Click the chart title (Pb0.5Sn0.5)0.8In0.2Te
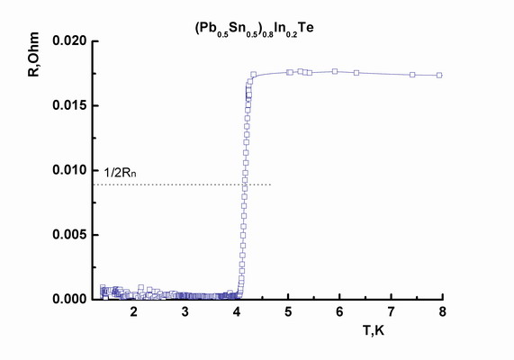coord(255,29)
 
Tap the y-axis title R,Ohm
coord(33,55)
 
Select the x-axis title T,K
coord(374,330)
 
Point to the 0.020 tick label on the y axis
coord(70,41)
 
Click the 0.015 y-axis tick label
coord(70,105)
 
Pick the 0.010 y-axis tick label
coord(70,170)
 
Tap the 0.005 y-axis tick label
coord(70,235)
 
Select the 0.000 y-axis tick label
coord(70,299)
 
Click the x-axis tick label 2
coord(133,311)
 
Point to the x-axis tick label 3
coord(185,311)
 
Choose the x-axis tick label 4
coord(237,311)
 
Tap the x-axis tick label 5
coord(288,311)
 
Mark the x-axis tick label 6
coord(339,311)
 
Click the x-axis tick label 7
coord(391,311)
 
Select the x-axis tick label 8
coord(443,311)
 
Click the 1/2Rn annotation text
coord(120,173)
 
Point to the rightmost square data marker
coord(439,75)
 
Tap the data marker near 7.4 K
coord(412,75)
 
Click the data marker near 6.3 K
coord(356,73)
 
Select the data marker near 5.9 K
coord(335,71)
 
